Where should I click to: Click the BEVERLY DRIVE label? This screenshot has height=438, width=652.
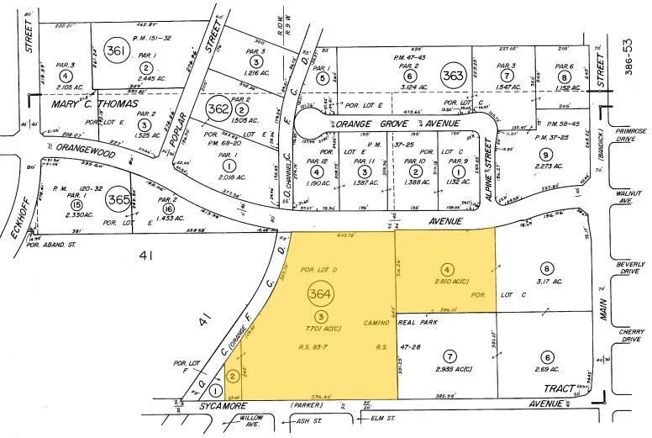click(x=629, y=268)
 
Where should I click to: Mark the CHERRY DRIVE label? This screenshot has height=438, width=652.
click(x=629, y=335)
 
